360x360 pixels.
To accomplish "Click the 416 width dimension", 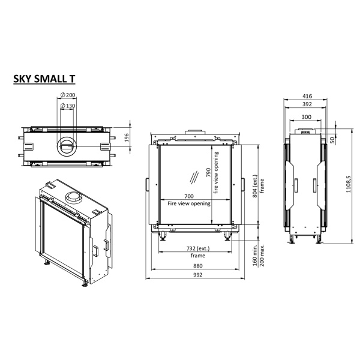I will [307, 95].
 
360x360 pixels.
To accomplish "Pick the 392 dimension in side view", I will [307, 103].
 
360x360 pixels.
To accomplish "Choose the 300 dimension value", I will [307, 117].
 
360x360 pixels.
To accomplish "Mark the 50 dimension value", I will [333, 139].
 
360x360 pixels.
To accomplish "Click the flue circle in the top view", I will [66, 145].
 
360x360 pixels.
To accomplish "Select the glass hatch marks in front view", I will [192, 178].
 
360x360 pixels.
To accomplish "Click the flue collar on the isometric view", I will [74, 199].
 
